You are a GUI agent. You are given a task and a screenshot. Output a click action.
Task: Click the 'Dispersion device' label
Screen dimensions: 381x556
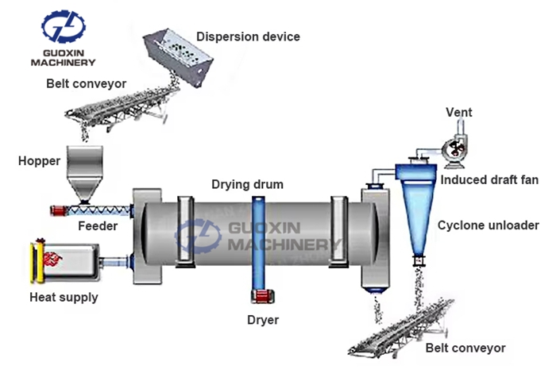(248, 37)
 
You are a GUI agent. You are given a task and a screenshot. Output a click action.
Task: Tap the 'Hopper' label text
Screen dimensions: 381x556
(39, 161)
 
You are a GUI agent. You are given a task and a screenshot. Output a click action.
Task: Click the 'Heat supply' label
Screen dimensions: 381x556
(64, 298)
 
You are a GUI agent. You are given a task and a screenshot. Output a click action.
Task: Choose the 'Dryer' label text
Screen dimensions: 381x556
(262, 320)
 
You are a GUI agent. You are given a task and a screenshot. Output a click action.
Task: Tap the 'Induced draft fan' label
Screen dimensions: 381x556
(489, 180)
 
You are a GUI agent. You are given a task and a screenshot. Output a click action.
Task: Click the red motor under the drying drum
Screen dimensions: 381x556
(261, 297)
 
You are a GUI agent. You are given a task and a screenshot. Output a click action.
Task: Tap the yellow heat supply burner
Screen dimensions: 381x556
(35, 263)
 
